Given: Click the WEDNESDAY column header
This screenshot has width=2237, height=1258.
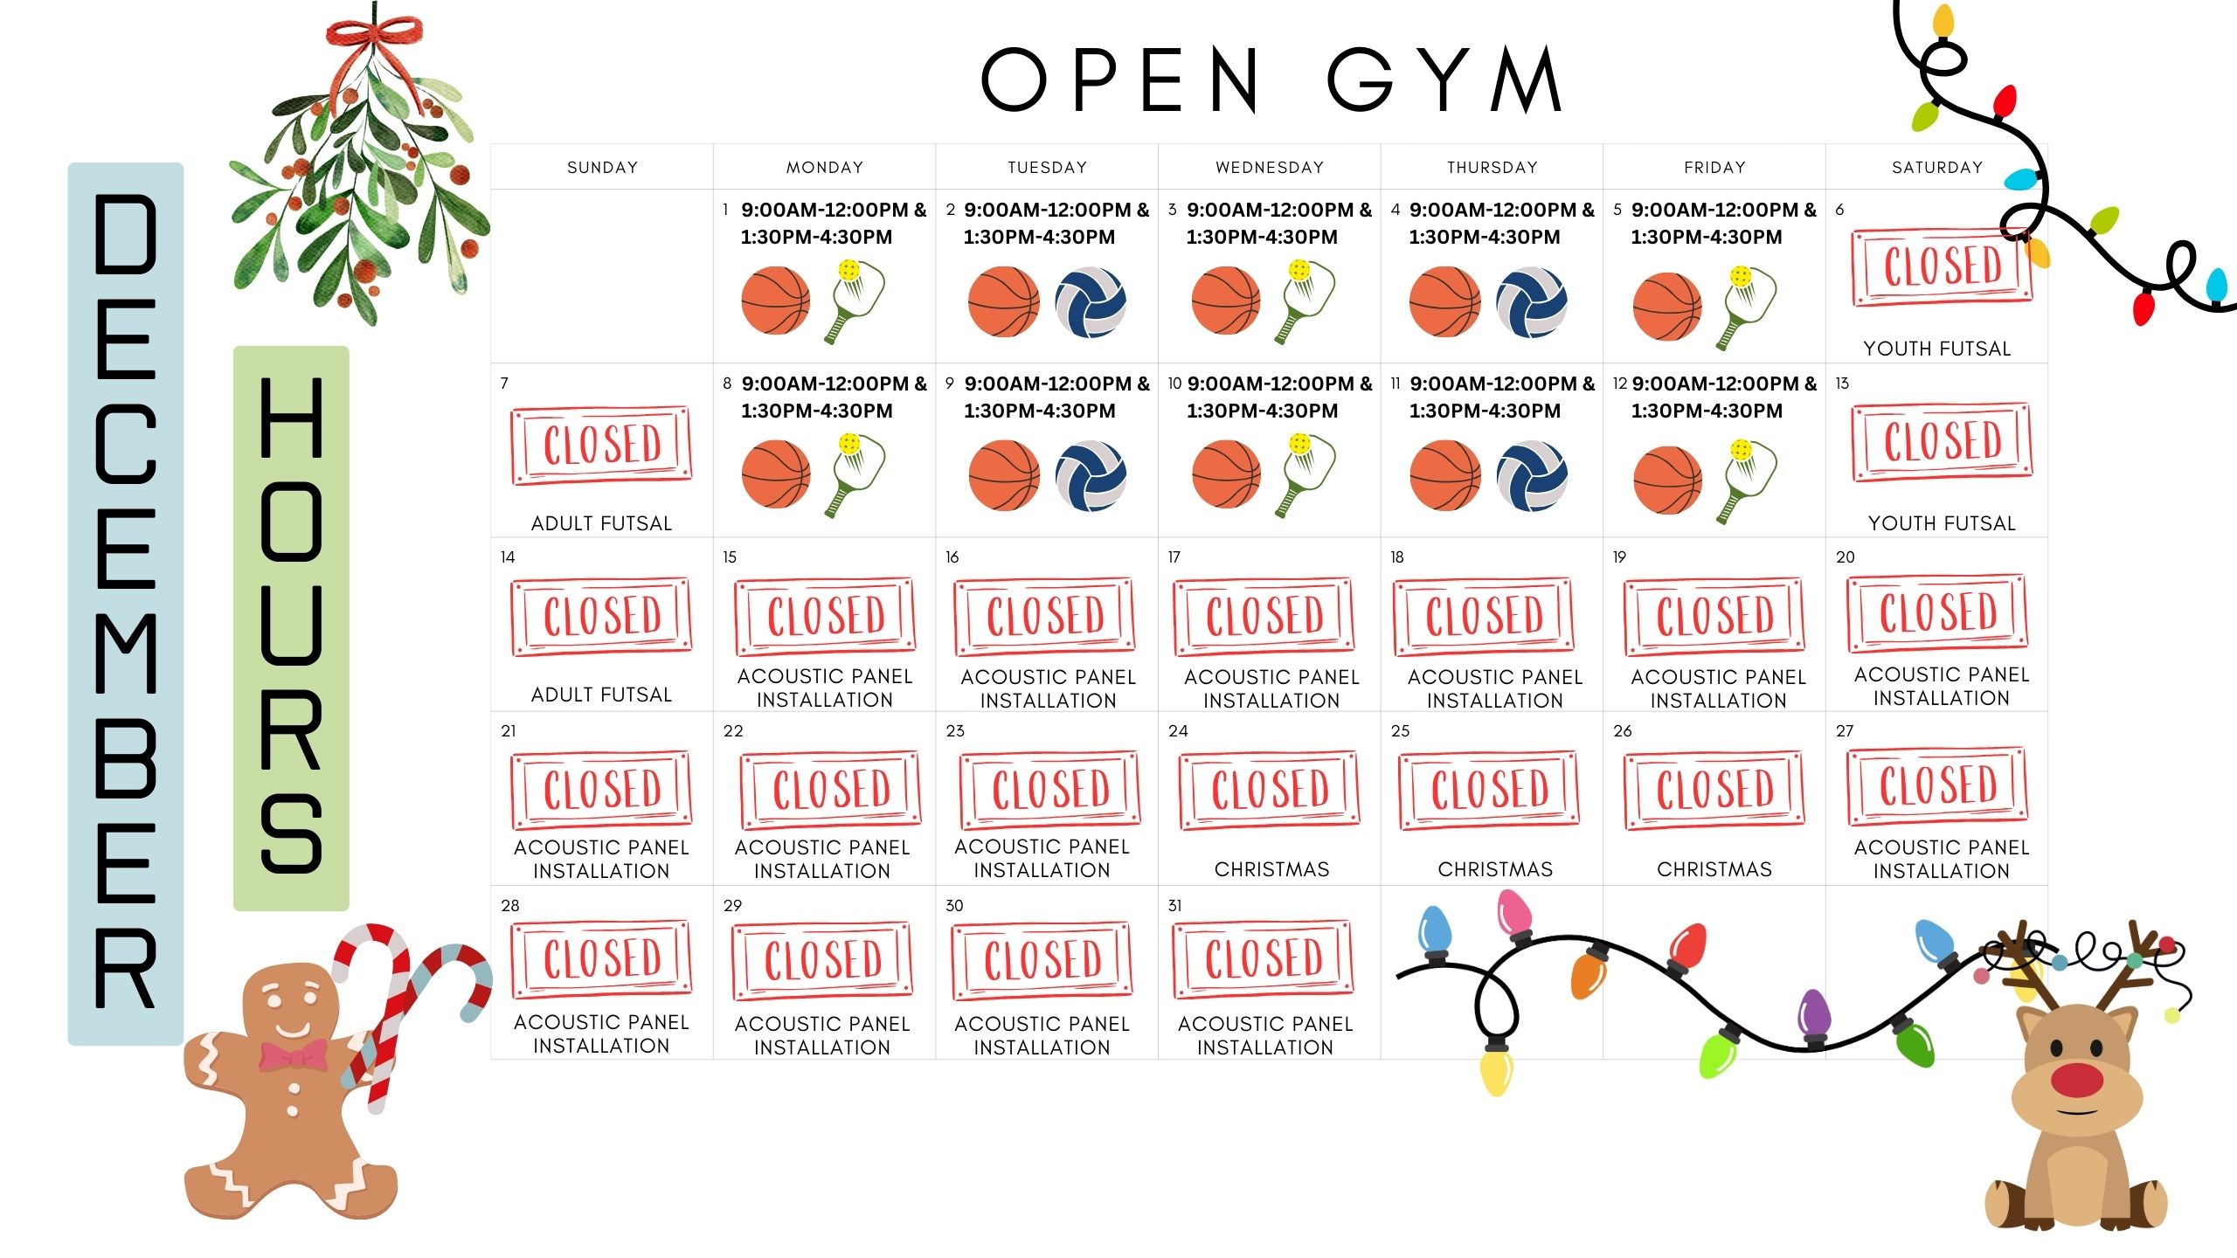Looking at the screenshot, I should [x=1270, y=167].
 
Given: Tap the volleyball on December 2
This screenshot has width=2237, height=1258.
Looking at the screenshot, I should [x=1090, y=302].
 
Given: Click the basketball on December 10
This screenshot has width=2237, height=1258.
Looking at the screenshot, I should [x=1226, y=474].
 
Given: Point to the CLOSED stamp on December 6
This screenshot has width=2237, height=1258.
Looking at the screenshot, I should [x=1942, y=266].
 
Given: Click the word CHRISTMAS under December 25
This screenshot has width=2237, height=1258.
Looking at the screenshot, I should [x=1495, y=869].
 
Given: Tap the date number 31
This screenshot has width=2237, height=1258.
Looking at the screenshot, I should [x=1174, y=906].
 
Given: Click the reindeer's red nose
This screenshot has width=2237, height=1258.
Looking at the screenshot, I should [x=2076, y=1080].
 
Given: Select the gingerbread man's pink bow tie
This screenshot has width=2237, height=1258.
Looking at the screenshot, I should [x=294, y=1055].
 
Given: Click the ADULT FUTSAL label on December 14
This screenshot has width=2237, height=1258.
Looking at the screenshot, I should [x=601, y=695].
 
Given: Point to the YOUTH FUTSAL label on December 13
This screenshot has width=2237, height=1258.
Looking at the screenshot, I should [x=1941, y=523].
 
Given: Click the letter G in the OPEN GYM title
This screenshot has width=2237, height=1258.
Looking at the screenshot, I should [x=1360, y=79].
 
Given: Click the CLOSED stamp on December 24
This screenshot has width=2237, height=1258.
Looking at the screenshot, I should [x=1270, y=790].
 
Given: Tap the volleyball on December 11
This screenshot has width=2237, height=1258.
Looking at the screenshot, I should [x=1531, y=476].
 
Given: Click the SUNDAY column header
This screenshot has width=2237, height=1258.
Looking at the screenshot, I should [x=602, y=167].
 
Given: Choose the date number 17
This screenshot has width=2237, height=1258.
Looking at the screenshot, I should [x=1174, y=557].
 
